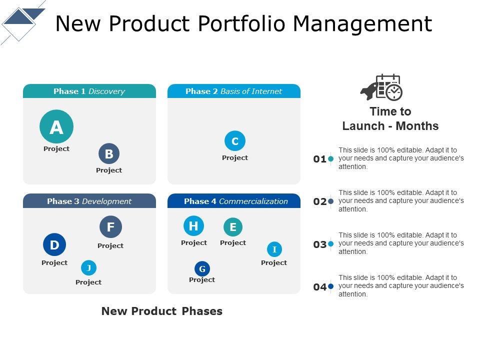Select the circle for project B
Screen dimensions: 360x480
click(109, 154)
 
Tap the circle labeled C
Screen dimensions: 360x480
click(235, 141)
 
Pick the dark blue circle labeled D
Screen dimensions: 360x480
click(54, 245)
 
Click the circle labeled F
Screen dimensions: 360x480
click(110, 227)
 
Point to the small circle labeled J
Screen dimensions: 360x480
click(88, 268)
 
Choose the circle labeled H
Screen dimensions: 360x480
click(193, 226)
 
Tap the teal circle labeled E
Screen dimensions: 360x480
click(233, 227)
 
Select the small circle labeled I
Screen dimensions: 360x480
click(274, 249)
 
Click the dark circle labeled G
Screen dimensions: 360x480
click(202, 269)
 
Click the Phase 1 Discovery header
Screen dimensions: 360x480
click(89, 91)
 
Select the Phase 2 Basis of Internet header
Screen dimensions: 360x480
click(234, 91)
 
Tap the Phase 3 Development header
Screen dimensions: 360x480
click(89, 201)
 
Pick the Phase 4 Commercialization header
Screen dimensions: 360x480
click(234, 201)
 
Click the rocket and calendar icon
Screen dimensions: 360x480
click(381, 87)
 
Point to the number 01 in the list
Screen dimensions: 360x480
click(320, 159)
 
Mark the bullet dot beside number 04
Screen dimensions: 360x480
click(330, 286)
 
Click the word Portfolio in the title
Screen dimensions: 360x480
click(242, 23)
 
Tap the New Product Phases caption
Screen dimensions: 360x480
click(162, 311)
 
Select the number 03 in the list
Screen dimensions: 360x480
click(320, 244)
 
